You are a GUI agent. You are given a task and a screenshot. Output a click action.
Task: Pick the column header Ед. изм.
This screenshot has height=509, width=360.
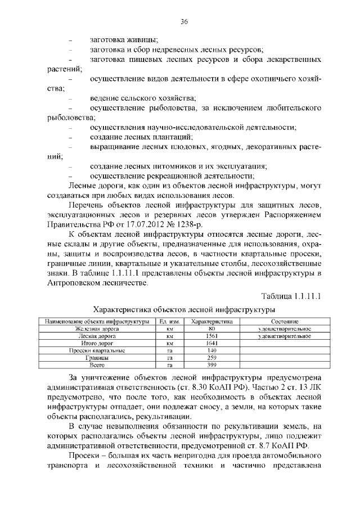[x=169, y=321]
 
